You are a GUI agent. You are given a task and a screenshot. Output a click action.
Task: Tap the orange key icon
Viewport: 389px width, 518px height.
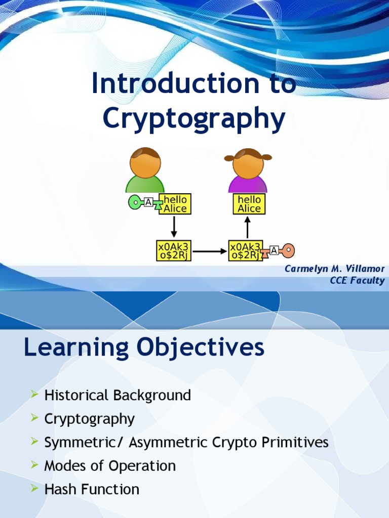pyautogui.click(x=288, y=249)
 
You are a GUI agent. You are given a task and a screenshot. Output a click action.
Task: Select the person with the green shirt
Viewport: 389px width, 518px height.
pyautogui.click(x=145, y=170)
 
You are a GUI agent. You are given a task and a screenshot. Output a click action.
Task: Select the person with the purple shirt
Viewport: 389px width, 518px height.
pyautogui.click(x=248, y=170)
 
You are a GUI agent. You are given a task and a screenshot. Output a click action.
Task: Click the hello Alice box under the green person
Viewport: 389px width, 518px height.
pyautogui.click(x=175, y=204)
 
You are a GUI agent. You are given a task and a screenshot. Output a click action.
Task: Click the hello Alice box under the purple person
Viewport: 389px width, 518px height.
pyautogui.click(x=249, y=204)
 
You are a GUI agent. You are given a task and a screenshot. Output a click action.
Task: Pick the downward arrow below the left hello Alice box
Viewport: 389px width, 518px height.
pyautogui.click(x=174, y=227)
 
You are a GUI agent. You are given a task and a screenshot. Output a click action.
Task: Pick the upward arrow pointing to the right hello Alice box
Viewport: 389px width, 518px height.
pyautogui.click(x=248, y=227)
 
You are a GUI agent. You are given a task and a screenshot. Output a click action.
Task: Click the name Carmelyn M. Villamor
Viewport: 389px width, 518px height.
pyautogui.click(x=334, y=269)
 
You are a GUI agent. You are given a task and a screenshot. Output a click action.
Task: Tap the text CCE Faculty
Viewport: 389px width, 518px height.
pyautogui.click(x=357, y=281)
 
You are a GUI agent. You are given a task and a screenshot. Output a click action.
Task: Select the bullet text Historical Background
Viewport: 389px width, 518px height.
pyautogui.click(x=118, y=395)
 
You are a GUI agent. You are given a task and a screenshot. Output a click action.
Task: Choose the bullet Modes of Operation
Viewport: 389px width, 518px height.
pyautogui.click(x=110, y=466)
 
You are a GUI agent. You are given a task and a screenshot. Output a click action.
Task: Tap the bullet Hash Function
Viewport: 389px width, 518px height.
pyautogui.click(x=92, y=489)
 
